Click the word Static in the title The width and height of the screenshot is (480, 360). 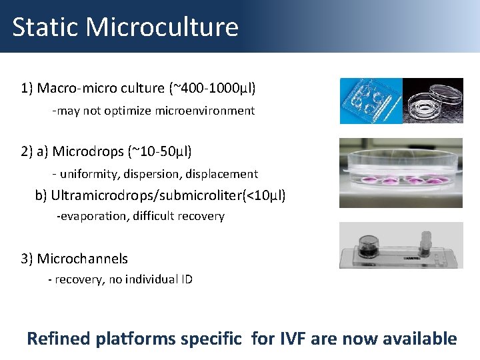(45, 27)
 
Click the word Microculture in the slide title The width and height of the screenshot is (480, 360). (162, 27)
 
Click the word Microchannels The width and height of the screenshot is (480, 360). (82, 259)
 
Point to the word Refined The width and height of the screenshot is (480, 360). (58, 339)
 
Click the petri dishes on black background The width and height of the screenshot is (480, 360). (433, 101)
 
